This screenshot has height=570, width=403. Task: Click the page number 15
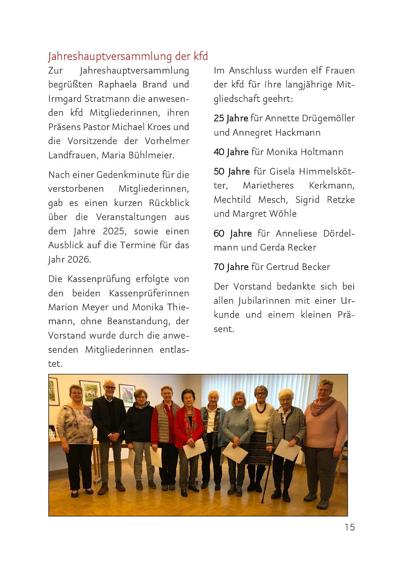(349, 527)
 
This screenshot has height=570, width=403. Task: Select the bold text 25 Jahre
(231, 118)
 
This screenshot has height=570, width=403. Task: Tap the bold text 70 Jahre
(231, 267)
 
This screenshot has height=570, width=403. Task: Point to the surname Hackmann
(298, 133)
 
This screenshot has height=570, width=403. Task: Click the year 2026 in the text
(79, 260)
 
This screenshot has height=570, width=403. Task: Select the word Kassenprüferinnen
(149, 293)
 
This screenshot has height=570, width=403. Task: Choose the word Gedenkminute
(128, 175)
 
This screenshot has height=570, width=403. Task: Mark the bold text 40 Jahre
(231, 152)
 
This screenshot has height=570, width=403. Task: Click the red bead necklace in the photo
(261, 408)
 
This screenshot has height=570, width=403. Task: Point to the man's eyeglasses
(109, 388)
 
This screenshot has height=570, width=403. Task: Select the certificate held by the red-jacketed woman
(194, 448)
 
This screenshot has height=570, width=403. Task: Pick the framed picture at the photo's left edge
(53, 391)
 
